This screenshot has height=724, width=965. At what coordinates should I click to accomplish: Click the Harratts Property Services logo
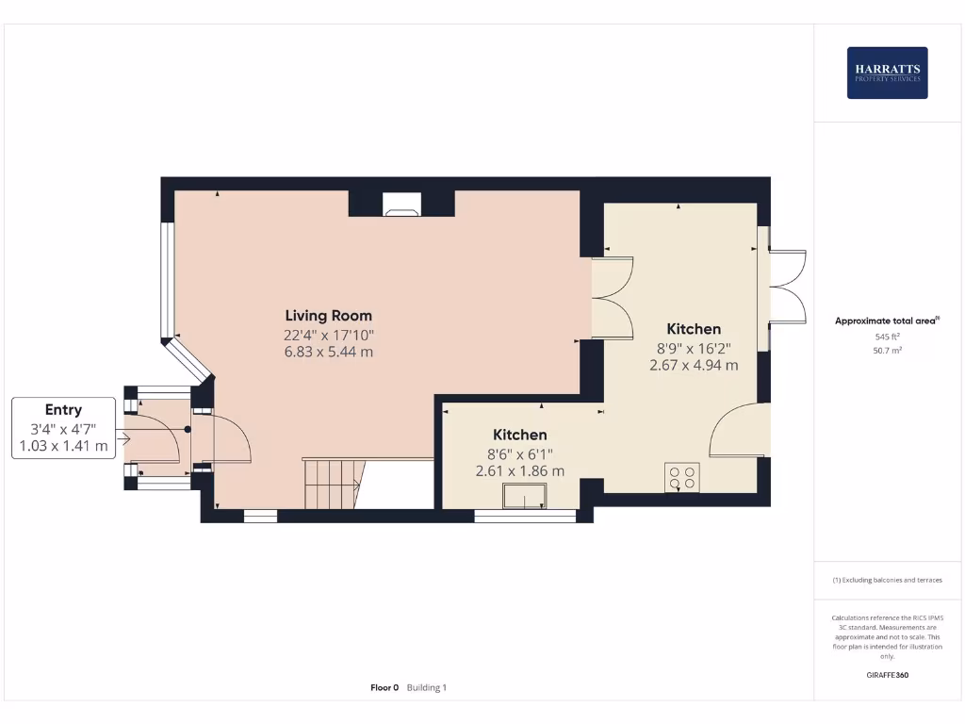click(x=887, y=73)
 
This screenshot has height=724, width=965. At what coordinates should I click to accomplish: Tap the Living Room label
click(x=329, y=316)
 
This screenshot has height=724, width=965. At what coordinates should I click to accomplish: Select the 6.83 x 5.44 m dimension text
click(x=329, y=352)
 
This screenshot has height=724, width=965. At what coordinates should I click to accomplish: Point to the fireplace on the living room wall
click(x=401, y=205)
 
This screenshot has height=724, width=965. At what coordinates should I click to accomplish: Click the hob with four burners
click(x=681, y=477)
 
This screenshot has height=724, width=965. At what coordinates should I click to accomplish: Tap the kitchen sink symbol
click(x=525, y=496)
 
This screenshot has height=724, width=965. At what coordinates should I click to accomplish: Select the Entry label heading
click(x=63, y=410)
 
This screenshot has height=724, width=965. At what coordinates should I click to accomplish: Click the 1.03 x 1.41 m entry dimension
click(x=63, y=445)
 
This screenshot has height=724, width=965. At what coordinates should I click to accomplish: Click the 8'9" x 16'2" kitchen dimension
click(x=694, y=347)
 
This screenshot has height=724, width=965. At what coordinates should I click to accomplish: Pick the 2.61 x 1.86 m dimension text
click(x=520, y=470)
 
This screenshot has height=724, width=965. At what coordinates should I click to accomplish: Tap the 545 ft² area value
click(x=887, y=337)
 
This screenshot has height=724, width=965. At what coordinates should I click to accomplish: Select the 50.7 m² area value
click(x=887, y=350)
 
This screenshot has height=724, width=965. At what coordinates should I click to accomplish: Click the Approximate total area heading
click(x=886, y=321)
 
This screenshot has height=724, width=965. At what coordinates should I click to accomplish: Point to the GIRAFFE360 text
click(x=887, y=675)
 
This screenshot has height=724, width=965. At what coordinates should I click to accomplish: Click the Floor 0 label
click(x=384, y=688)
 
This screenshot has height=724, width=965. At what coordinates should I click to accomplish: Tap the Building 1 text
click(x=427, y=688)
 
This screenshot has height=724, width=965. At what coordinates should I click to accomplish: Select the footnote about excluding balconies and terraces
click(x=887, y=580)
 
